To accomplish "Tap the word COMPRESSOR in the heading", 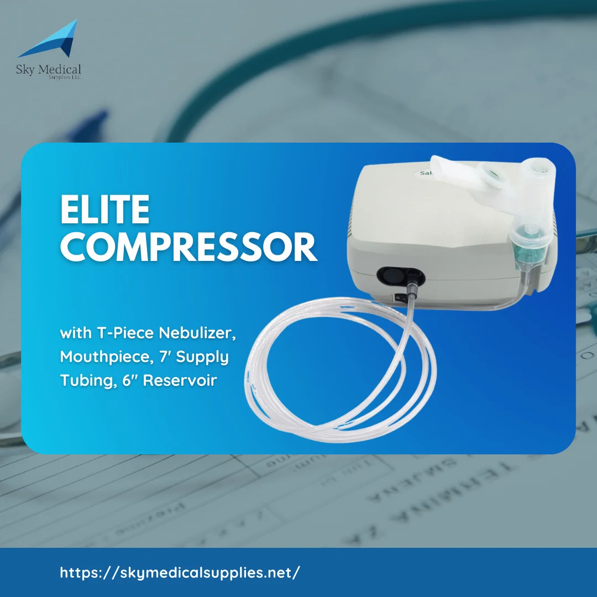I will pyautogui.click(x=188, y=248).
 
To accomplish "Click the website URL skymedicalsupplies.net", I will pyautogui.click(x=180, y=572).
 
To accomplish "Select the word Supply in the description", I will pyautogui.click(x=205, y=357).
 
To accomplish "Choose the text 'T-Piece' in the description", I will pyautogui.click(x=128, y=334).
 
